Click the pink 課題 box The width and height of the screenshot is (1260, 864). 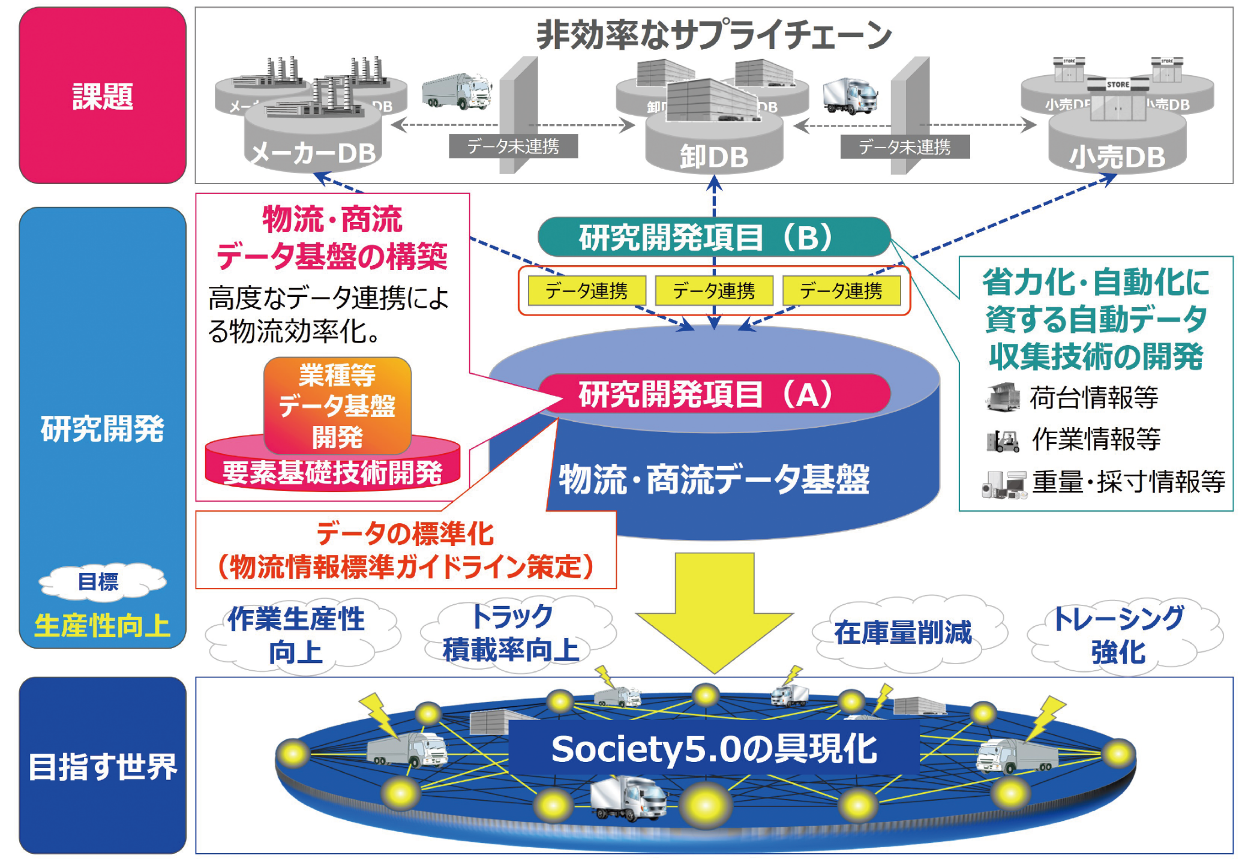coord(102,96)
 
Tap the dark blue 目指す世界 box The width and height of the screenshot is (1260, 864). coord(102,766)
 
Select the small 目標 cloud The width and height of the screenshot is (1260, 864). coord(100,581)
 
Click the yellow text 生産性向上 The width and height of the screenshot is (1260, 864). coord(102,625)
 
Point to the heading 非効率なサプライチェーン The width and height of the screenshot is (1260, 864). coord(714,35)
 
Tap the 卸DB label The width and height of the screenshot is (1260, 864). coord(714,157)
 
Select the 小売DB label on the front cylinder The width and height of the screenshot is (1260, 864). coord(1117,157)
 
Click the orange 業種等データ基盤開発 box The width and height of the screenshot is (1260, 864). coord(337,406)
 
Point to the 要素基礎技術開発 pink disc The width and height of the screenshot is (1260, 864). coord(332,473)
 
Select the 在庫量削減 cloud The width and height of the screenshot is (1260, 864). coord(903,632)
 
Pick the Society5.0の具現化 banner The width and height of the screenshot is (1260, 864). coord(714,749)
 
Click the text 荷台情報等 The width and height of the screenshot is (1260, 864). coord(1093,397)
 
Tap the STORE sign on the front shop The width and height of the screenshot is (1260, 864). coord(1117,85)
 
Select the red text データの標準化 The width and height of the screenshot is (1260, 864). coord(405,533)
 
